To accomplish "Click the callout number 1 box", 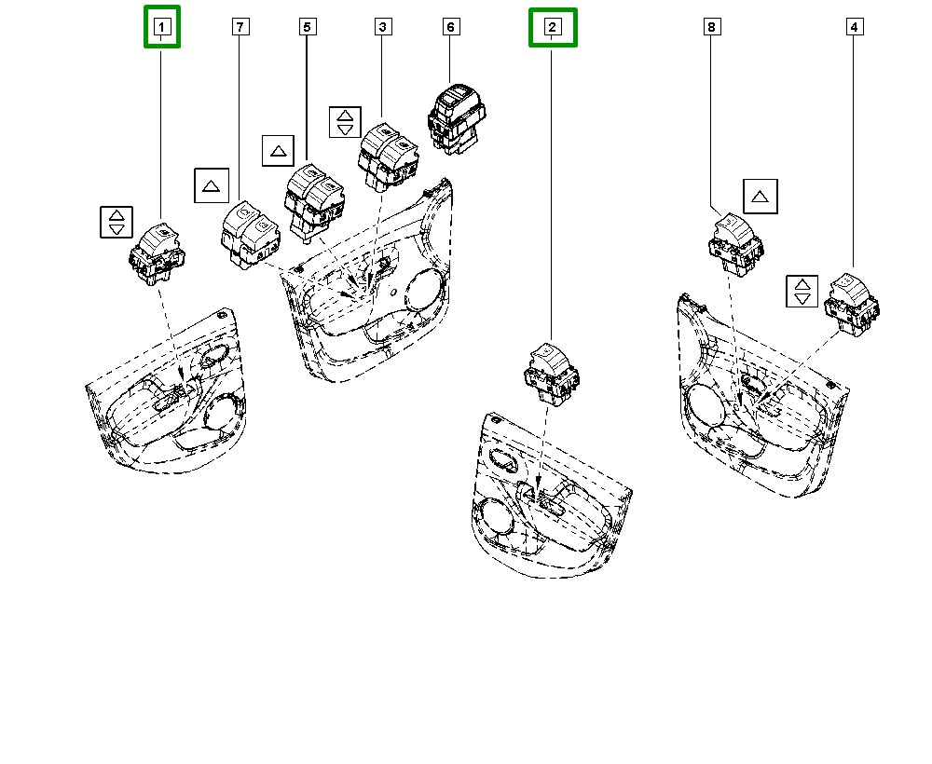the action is point(161,27).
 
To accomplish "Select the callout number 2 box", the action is point(552,27).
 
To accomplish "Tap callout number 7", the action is point(240,27).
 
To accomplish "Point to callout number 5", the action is point(307,27).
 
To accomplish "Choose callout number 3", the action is point(383,27).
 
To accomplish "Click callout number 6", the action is point(450,27).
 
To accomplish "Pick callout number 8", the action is point(711,27).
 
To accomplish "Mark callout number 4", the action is point(854,27).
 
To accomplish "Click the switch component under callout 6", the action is point(457,119).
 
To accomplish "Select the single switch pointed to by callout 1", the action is point(157,254).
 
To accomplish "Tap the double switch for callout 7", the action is point(250,236).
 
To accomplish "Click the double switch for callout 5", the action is point(314,203).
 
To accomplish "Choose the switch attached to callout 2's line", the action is point(552,375).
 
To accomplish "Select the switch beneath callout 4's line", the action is point(852,305).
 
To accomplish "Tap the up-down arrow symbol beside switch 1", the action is point(116,222).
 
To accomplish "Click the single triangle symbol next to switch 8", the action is point(761,196).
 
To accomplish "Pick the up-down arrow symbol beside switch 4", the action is point(802,291).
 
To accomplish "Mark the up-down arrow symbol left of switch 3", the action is point(345,122).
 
